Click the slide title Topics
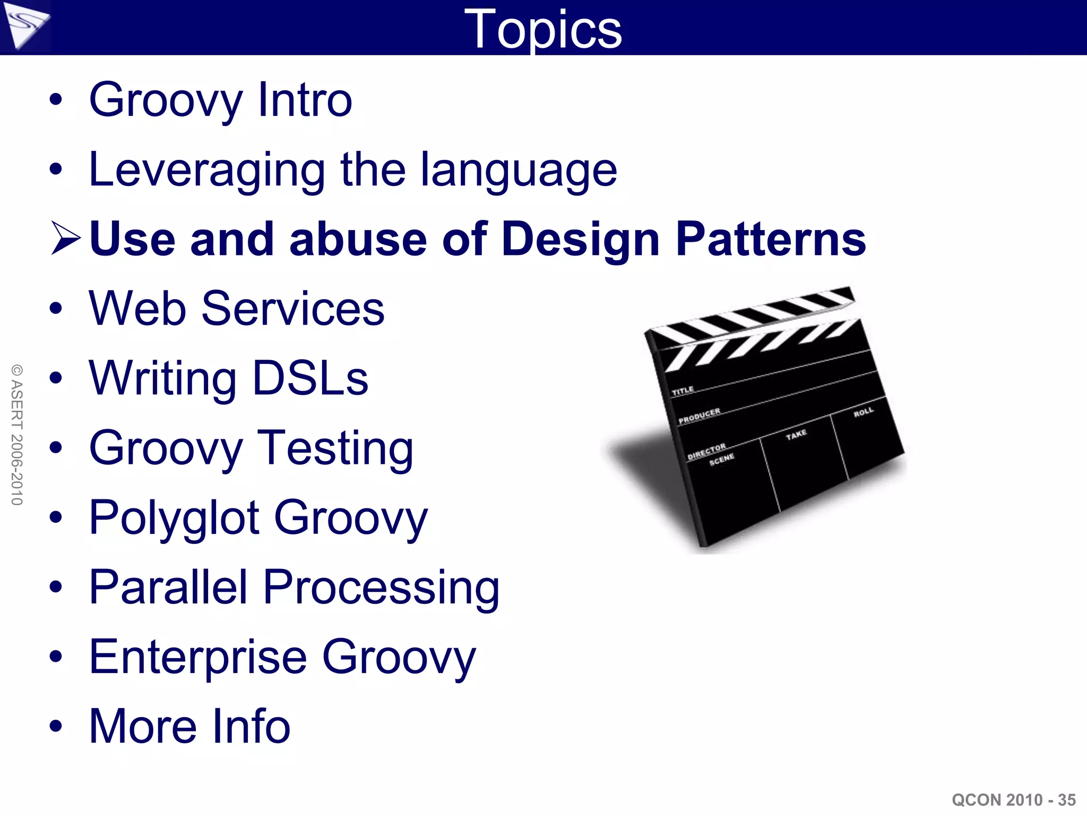tap(542, 29)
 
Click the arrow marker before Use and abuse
tap(66, 239)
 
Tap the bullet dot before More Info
tap(56, 726)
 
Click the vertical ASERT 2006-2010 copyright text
tap(17, 435)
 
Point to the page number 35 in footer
tap(1066, 800)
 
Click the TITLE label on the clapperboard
tap(683, 391)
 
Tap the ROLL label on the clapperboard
tap(864, 412)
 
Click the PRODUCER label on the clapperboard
tap(699, 416)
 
